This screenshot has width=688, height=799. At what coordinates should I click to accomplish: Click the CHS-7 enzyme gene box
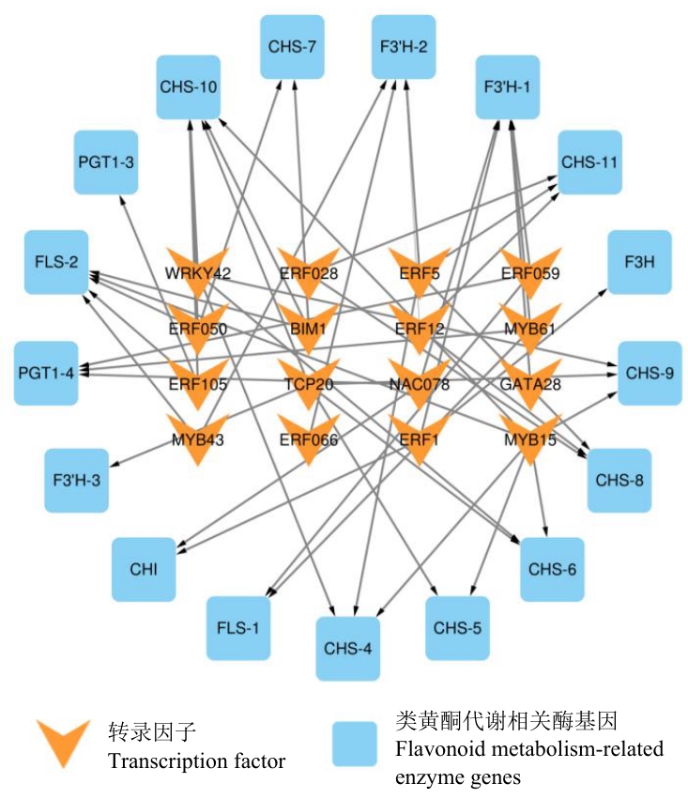pyautogui.click(x=292, y=47)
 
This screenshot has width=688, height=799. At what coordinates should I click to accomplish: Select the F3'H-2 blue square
pyautogui.click(x=404, y=47)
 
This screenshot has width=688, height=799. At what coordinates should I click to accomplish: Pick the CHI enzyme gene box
pyautogui.click(x=144, y=569)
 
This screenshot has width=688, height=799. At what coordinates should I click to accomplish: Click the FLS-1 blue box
pyautogui.click(x=238, y=627)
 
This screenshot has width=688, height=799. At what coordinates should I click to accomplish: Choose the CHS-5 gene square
pyautogui.click(x=458, y=627)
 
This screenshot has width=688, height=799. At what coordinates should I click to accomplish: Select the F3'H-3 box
pyautogui.click(x=77, y=481)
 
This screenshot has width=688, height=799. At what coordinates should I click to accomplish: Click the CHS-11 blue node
pyautogui.click(x=589, y=161)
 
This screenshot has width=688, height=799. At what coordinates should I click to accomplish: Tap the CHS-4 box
pyautogui.click(x=348, y=649)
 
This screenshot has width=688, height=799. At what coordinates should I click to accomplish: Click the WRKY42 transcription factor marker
pyautogui.click(x=197, y=270)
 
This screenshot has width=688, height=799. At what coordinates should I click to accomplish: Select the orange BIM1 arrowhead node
pyautogui.click(x=308, y=327)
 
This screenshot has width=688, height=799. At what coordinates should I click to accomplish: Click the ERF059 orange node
pyautogui.click(x=530, y=270)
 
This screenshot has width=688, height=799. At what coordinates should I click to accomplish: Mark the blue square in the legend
pyautogui.click(x=359, y=744)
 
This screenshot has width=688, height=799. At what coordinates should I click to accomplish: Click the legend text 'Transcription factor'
pyautogui.click(x=196, y=760)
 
